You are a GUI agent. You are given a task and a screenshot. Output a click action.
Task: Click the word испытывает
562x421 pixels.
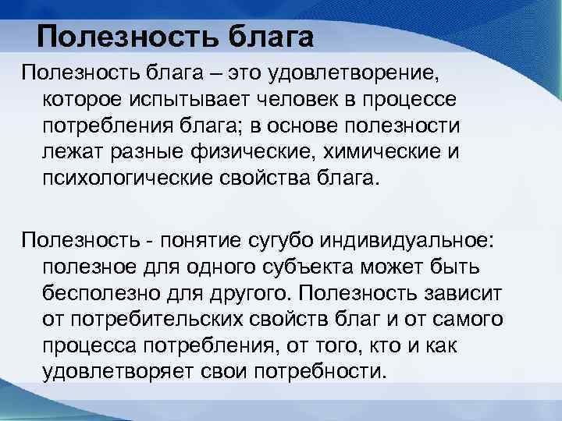[201, 102]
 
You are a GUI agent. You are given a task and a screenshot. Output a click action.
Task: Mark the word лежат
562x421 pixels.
[72, 153]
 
